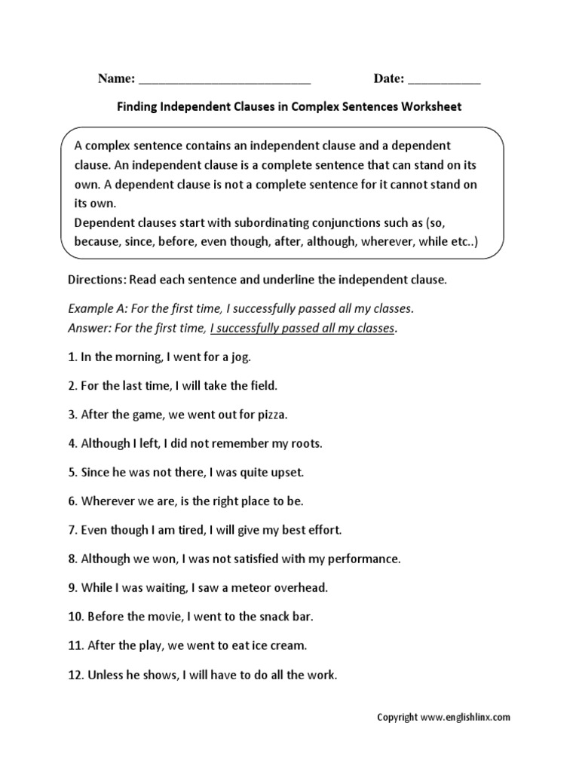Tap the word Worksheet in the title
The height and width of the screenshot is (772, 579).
click(x=431, y=107)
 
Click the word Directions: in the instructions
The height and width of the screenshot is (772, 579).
click(x=97, y=280)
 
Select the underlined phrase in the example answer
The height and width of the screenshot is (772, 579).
click(x=302, y=328)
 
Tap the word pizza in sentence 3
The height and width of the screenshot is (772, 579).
click(x=271, y=415)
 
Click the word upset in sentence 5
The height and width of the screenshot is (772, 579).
click(x=286, y=473)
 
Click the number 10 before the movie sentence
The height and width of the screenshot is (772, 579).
click(x=75, y=617)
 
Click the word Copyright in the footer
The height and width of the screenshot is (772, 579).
click(x=397, y=718)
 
